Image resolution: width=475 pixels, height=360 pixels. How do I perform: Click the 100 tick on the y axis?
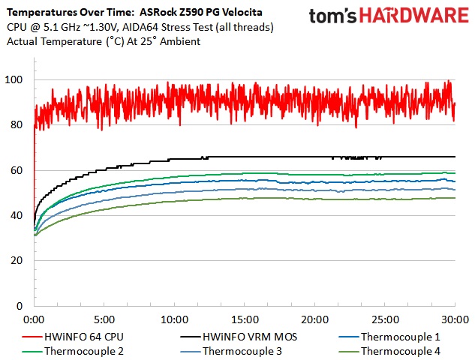click(x=14, y=80)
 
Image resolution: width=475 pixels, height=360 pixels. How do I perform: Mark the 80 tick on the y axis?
click(x=17, y=125)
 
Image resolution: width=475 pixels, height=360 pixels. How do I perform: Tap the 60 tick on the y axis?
click(x=17, y=171)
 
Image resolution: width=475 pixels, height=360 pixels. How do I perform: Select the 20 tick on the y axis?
click(x=17, y=261)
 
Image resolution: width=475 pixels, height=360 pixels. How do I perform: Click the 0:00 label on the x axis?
click(x=35, y=317)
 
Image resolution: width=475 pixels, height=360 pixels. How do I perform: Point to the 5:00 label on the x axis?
click(x=104, y=317)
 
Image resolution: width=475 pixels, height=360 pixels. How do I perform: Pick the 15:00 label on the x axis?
click(x=245, y=317)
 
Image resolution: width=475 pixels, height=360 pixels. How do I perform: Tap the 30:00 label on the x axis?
click(x=455, y=317)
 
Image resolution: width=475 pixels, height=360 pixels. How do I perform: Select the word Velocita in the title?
click(x=251, y=13)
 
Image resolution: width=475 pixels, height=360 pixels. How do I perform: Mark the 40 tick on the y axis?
click(x=17, y=216)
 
